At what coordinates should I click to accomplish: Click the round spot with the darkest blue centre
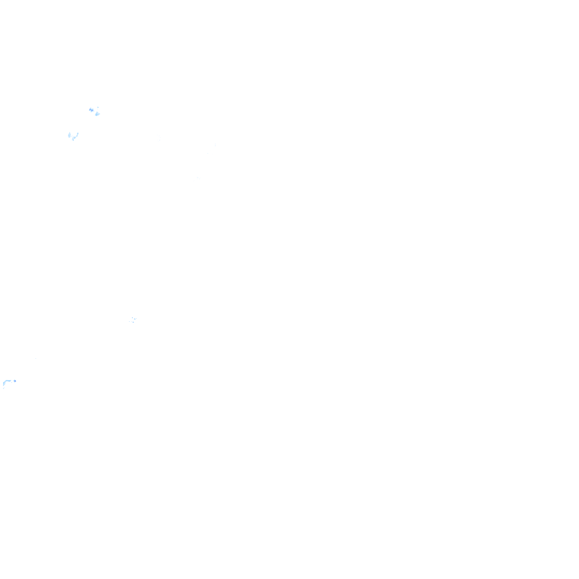(x=91, y=110)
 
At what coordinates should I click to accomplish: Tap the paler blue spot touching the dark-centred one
(x=97, y=114)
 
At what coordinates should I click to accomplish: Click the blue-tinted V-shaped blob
(x=72, y=136)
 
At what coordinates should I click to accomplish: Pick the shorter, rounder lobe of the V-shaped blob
(x=69, y=136)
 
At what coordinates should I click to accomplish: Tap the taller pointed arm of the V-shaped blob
(x=77, y=133)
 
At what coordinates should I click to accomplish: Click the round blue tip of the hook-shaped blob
(x=14, y=381)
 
